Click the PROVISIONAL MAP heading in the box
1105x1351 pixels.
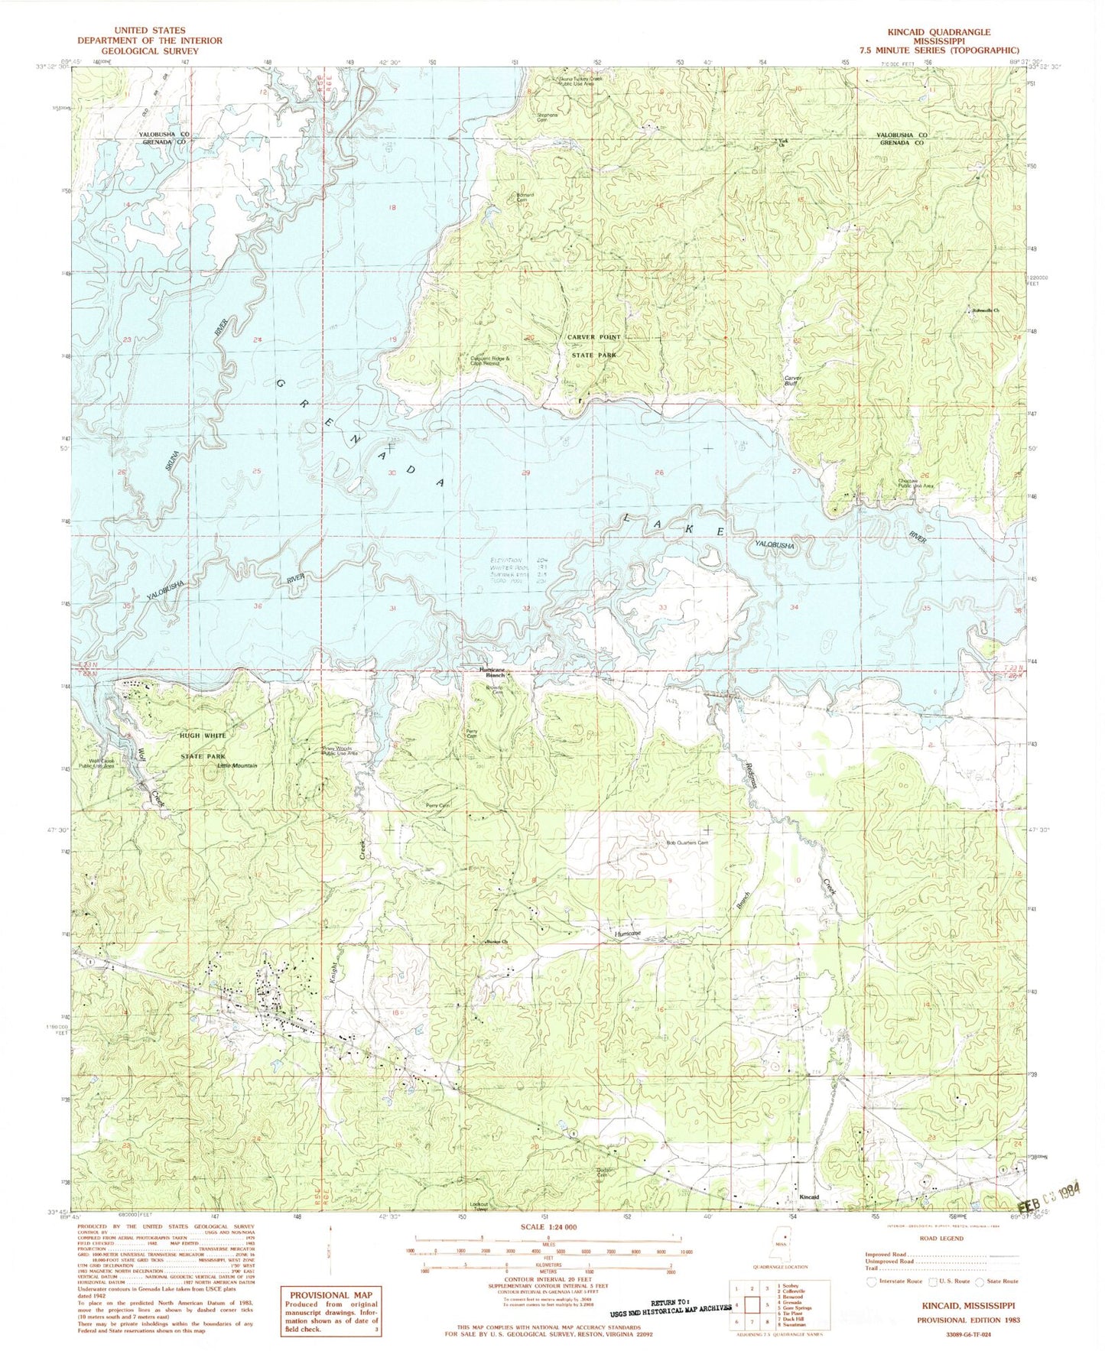[x=329, y=1294]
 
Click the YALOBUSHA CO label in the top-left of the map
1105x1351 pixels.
[x=164, y=134]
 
